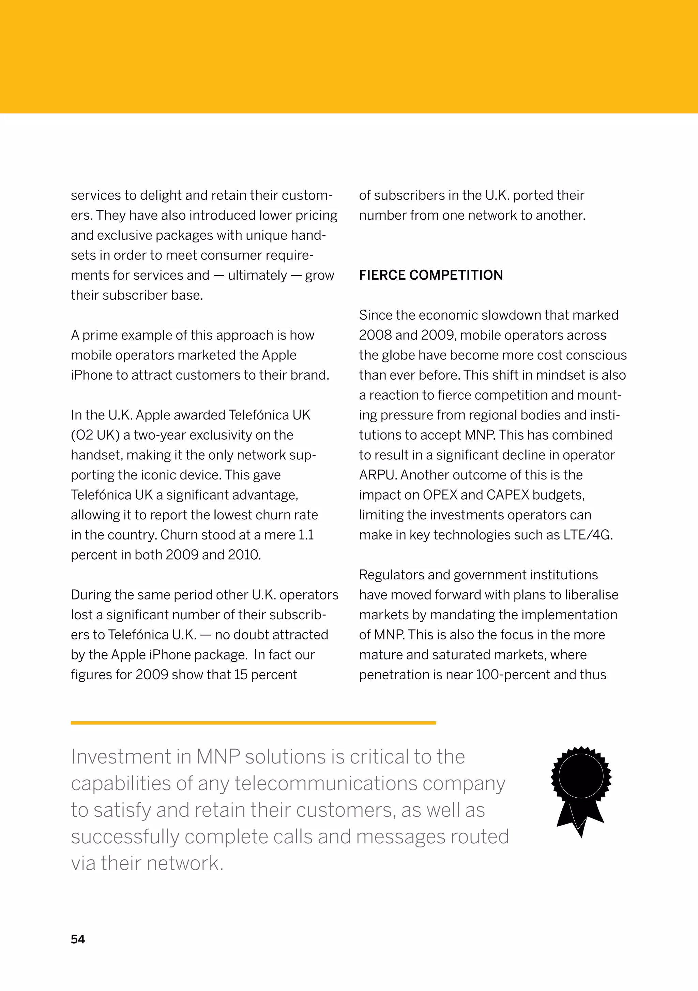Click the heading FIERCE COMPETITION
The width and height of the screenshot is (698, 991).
(x=430, y=275)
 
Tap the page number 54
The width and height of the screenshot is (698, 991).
(x=78, y=939)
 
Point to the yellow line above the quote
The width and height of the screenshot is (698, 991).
(x=253, y=723)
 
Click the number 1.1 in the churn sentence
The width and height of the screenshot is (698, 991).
(x=306, y=535)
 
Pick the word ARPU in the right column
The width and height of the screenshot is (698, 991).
(x=378, y=475)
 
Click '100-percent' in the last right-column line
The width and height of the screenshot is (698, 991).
(x=513, y=675)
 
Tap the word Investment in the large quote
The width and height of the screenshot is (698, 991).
(x=121, y=757)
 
